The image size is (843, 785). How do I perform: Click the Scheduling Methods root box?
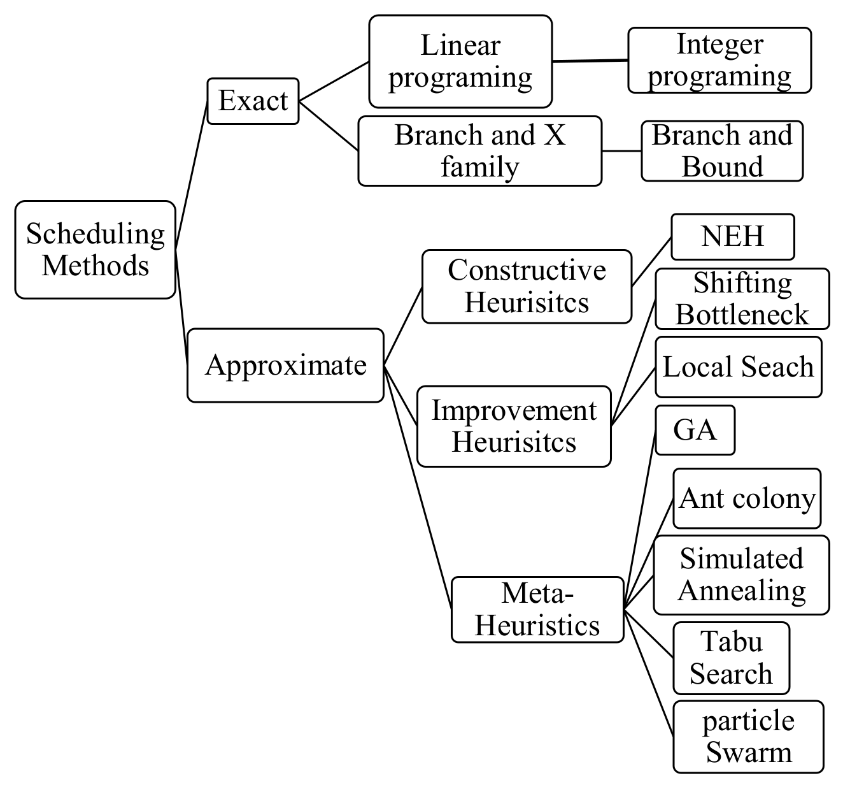(95, 250)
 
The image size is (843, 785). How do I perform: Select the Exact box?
(253, 101)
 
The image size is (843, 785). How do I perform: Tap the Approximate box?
(285, 365)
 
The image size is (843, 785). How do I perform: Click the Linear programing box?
(460, 61)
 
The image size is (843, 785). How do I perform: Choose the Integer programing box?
(719, 61)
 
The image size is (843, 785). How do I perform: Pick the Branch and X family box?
(479, 151)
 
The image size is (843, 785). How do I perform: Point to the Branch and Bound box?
(722, 151)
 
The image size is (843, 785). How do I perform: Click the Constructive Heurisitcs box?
(527, 286)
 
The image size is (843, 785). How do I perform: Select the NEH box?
(732, 237)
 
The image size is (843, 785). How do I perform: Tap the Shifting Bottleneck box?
(742, 299)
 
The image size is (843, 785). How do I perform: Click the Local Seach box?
(738, 367)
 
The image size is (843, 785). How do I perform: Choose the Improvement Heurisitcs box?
(514, 426)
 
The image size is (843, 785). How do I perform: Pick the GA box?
(695, 430)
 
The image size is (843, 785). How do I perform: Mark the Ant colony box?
(747, 499)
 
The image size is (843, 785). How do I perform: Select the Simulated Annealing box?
(741, 575)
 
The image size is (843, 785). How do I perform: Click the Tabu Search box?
(731, 658)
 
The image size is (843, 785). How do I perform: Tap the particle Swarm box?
(748, 737)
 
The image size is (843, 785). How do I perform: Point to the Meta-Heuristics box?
(537, 610)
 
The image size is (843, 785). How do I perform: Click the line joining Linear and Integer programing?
(590, 61)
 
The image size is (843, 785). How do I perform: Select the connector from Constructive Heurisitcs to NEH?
(651, 262)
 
